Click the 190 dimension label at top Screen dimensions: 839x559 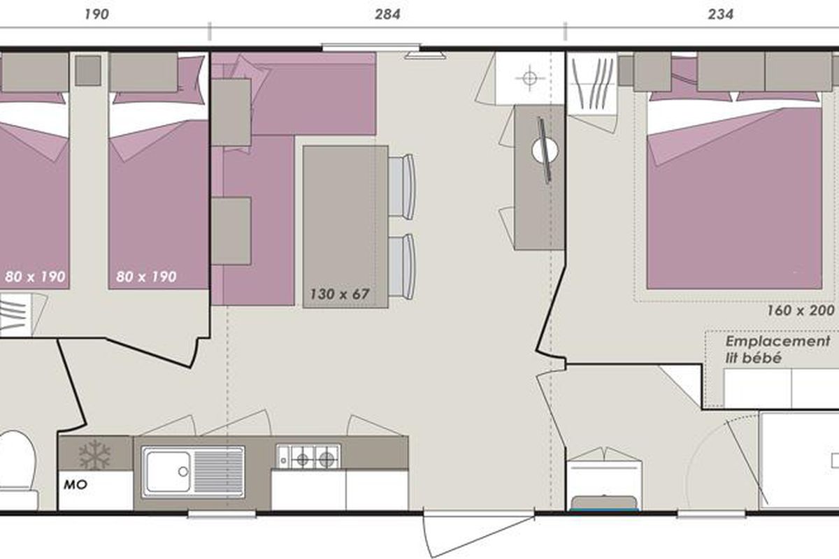[x=96, y=14]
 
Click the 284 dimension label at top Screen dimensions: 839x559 [x=387, y=14]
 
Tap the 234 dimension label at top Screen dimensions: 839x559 [x=721, y=14]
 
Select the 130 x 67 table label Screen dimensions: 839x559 [x=339, y=294]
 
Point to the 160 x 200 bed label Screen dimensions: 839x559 [x=801, y=310]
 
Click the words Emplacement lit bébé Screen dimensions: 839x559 [x=777, y=349]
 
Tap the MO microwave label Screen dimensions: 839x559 [x=76, y=485]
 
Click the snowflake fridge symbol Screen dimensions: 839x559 [x=94, y=454]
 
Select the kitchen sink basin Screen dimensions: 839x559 [x=168, y=472]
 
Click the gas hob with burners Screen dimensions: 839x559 [x=308, y=456]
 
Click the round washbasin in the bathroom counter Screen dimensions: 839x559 [x=545, y=150]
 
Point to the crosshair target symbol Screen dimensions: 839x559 [x=529, y=78]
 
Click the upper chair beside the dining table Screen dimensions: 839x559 [x=401, y=187]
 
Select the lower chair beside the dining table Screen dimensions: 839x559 [x=401, y=267]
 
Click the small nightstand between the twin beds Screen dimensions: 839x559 [x=88, y=71]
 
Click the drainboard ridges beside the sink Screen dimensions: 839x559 [x=218, y=472]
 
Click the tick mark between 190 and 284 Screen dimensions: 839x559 [x=210, y=31]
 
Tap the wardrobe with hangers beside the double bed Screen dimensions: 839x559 [x=592, y=83]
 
